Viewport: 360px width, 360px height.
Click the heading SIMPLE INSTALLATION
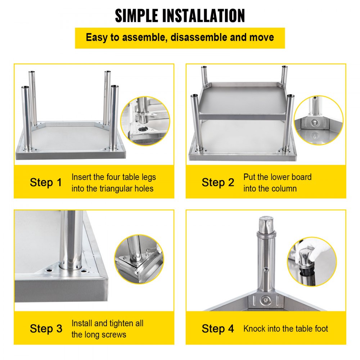180,15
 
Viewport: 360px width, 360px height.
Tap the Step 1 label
46,183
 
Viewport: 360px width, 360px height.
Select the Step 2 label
218,183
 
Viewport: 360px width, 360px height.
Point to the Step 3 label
46,329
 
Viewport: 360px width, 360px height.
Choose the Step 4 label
218,329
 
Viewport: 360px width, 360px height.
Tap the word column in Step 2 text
284,188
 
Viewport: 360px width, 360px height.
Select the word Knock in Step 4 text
254,329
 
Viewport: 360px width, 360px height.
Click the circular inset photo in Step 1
145,121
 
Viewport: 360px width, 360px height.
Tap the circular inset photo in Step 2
318,120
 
